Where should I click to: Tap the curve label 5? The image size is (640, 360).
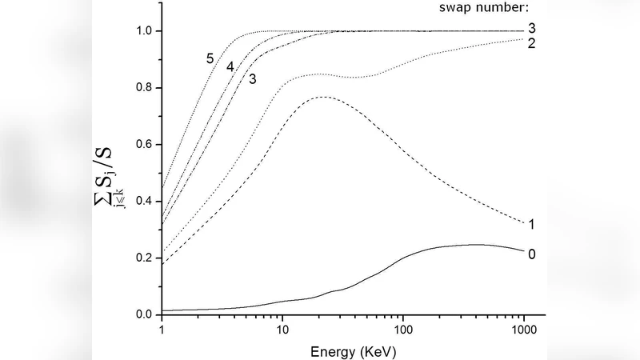(x=210, y=58)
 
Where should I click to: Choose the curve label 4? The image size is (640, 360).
(x=230, y=67)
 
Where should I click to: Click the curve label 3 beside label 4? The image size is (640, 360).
(x=252, y=78)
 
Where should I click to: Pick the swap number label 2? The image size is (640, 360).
(x=531, y=43)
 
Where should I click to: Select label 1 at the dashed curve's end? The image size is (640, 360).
(x=531, y=225)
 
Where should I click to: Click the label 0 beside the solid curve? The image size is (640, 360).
(x=531, y=254)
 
